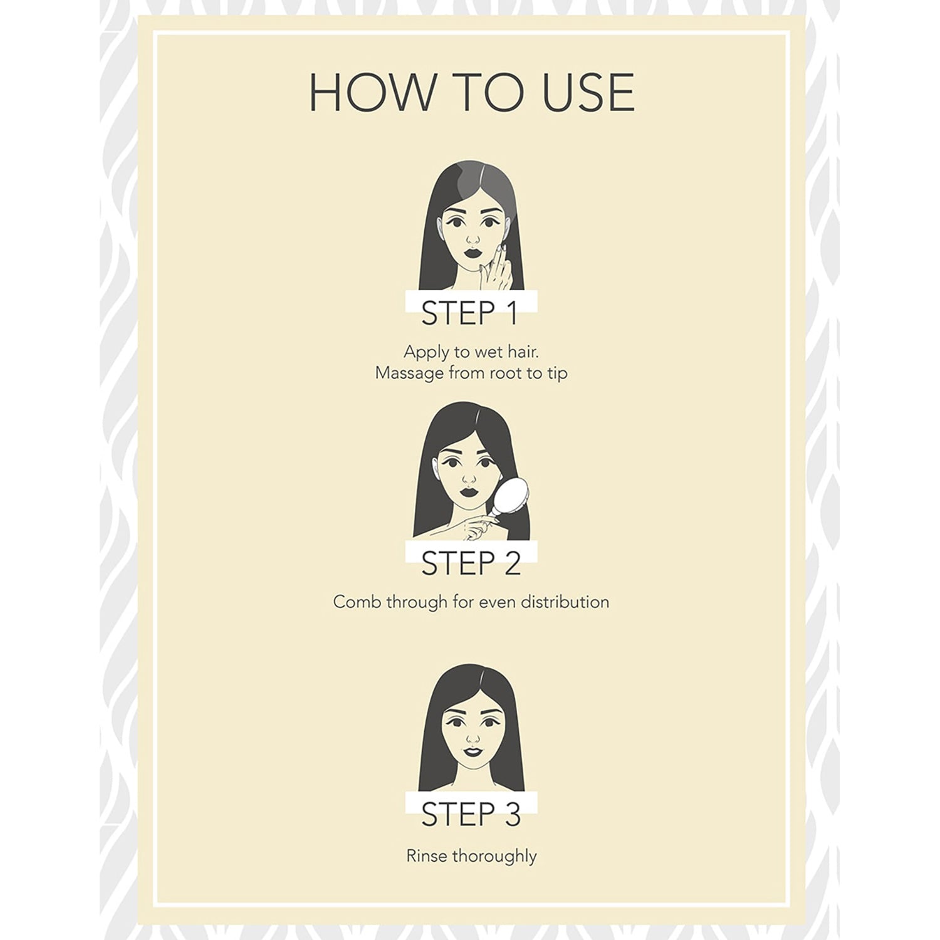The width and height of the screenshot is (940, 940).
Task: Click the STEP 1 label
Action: pos(470,313)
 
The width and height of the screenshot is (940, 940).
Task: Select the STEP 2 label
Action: pos(471,563)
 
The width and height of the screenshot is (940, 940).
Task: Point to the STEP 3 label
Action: pos(471,814)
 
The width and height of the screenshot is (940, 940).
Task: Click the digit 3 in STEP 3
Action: pos(512,814)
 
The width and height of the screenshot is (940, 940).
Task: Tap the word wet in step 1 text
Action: pos(481,352)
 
